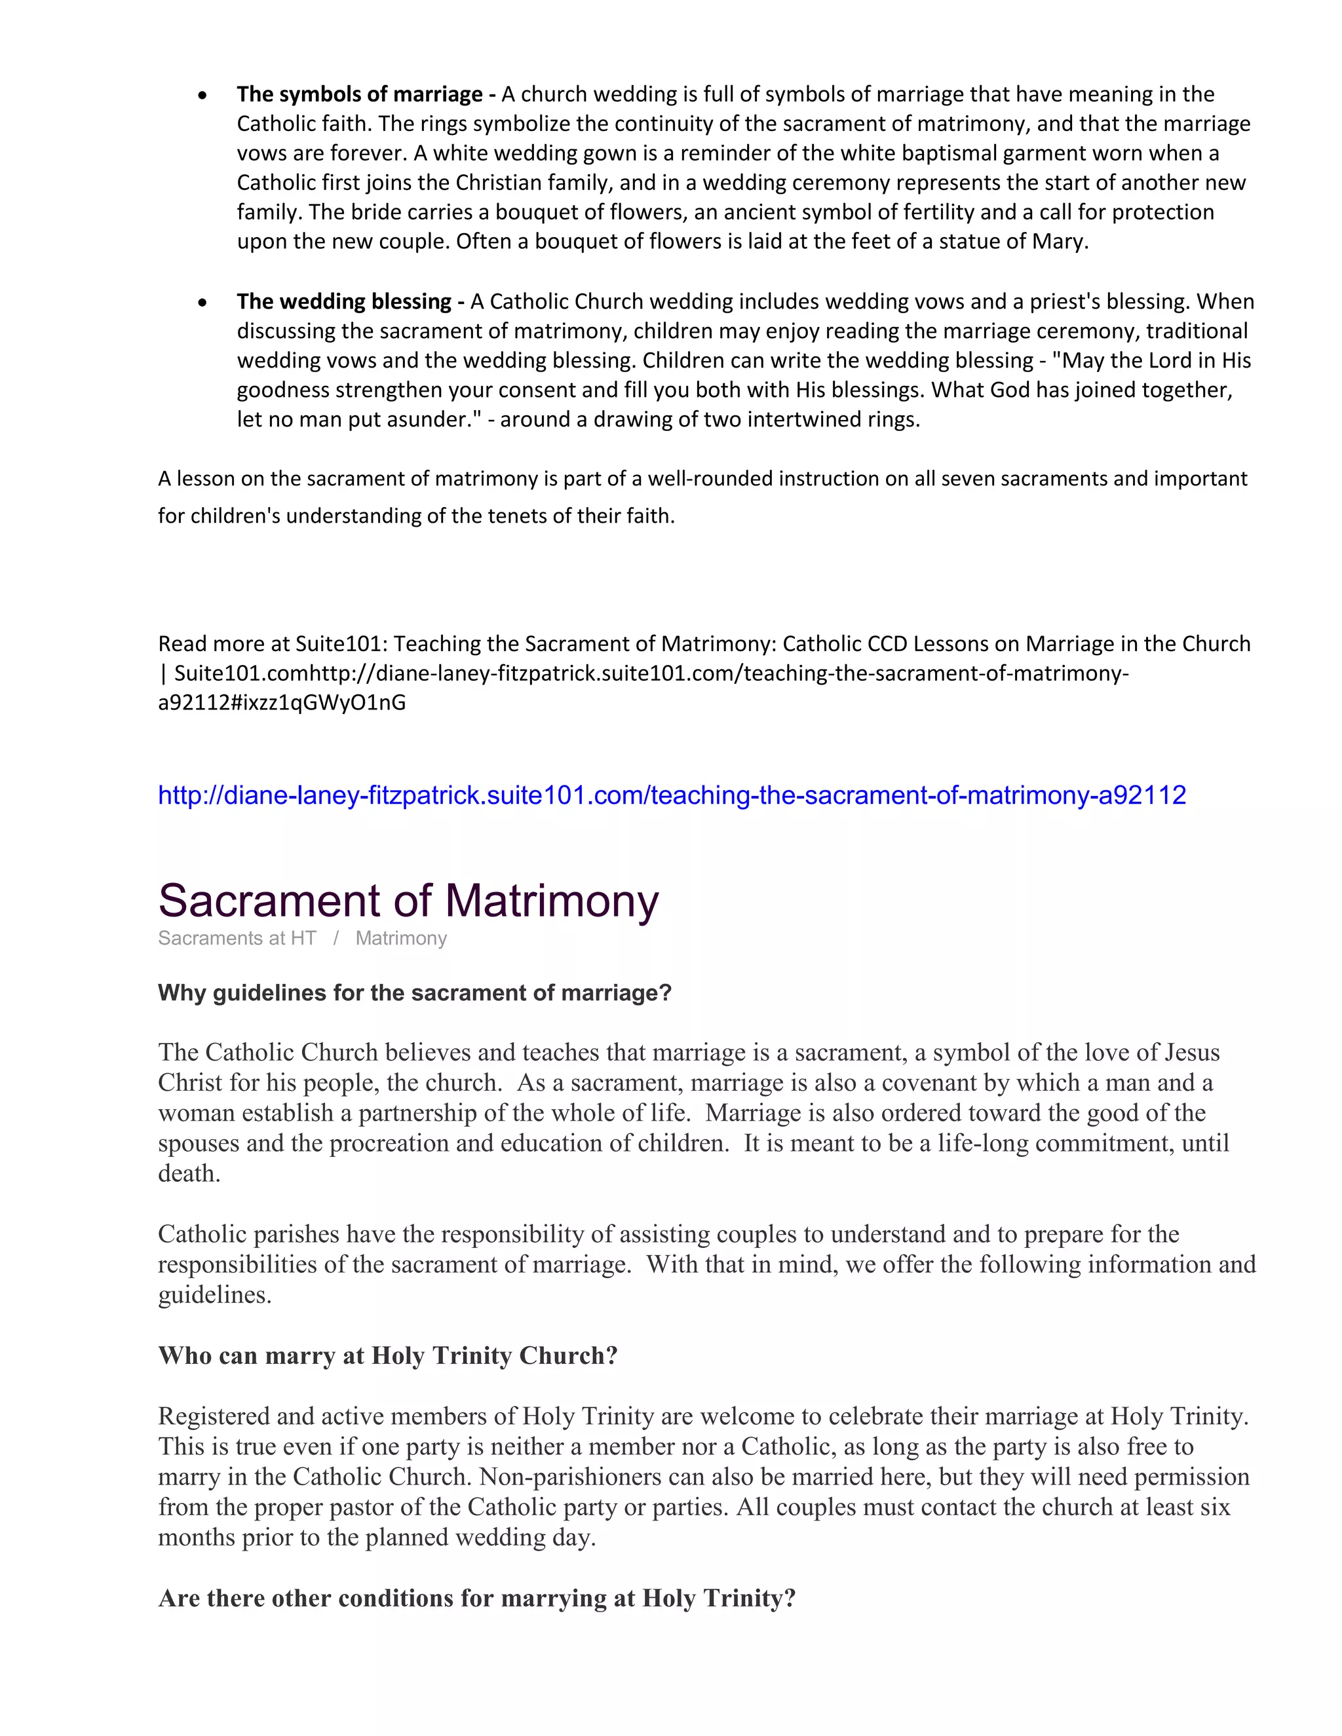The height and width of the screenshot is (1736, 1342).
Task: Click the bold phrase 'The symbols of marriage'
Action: tap(359, 94)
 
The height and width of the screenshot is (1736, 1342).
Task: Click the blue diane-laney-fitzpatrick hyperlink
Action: tap(672, 795)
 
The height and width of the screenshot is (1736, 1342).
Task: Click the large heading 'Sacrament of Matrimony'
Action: tap(408, 901)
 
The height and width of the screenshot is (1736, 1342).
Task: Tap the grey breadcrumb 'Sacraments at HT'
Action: tap(237, 939)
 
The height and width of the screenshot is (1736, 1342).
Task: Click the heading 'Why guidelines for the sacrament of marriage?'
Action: tap(414, 992)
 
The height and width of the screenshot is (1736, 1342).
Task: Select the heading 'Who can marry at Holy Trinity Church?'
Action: tap(387, 1355)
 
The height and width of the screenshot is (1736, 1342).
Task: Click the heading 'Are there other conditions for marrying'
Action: tap(476, 1598)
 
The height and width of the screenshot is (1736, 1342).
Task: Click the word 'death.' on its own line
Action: tap(189, 1173)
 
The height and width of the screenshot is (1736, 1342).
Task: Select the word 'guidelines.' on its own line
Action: tap(215, 1295)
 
